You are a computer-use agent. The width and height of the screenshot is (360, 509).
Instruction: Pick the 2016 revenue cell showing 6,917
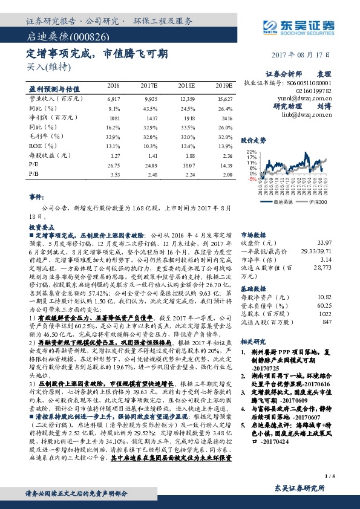(113, 97)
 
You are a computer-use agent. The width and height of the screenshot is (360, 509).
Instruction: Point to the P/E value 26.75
(113, 164)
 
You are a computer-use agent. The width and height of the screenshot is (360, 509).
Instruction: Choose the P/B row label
(34, 174)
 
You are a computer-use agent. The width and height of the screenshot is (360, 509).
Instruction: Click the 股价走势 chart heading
(254, 139)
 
